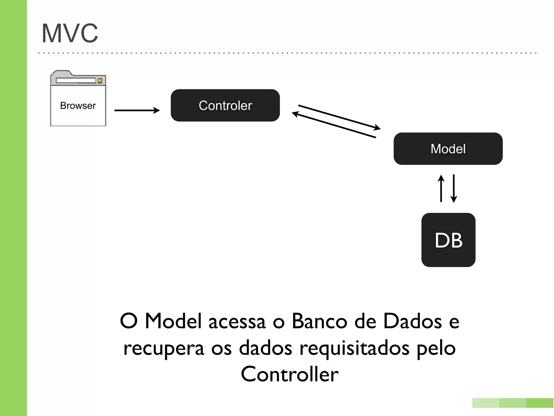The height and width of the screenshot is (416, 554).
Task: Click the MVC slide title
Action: pos(70,33)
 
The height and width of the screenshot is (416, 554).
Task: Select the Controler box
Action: pos(225,105)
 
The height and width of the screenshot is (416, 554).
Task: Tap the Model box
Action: pos(448,149)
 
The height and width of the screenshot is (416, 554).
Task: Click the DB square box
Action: pos(448,240)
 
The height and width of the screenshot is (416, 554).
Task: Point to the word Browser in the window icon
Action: pos(78,106)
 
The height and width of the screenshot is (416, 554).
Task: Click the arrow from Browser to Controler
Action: pos(137,110)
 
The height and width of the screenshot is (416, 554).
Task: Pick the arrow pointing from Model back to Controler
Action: pos(334,126)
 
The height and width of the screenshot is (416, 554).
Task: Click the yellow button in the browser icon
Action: pos(100,80)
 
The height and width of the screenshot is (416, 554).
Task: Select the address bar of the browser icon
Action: pos(76,80)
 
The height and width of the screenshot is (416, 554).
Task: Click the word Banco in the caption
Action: pos(319,321)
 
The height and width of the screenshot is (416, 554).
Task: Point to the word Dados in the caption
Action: pos(413,321)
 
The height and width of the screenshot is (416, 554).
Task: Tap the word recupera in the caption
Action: pos(164,348)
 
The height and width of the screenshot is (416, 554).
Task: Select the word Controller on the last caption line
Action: pos(289,374)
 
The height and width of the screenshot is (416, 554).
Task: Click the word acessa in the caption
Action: pos(237,322)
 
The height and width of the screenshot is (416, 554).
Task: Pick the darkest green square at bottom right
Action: pos(540,403)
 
